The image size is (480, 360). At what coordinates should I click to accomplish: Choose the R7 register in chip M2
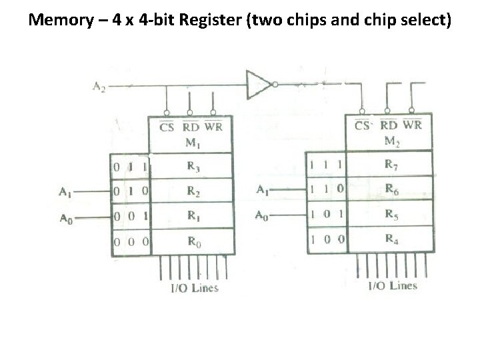[393, 163]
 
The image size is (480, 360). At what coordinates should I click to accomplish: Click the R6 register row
[393, 189]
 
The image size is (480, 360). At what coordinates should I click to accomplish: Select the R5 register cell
[393, 214]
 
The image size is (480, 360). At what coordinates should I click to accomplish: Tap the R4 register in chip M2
[393, 240]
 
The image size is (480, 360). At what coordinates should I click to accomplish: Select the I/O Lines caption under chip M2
[393, 286]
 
